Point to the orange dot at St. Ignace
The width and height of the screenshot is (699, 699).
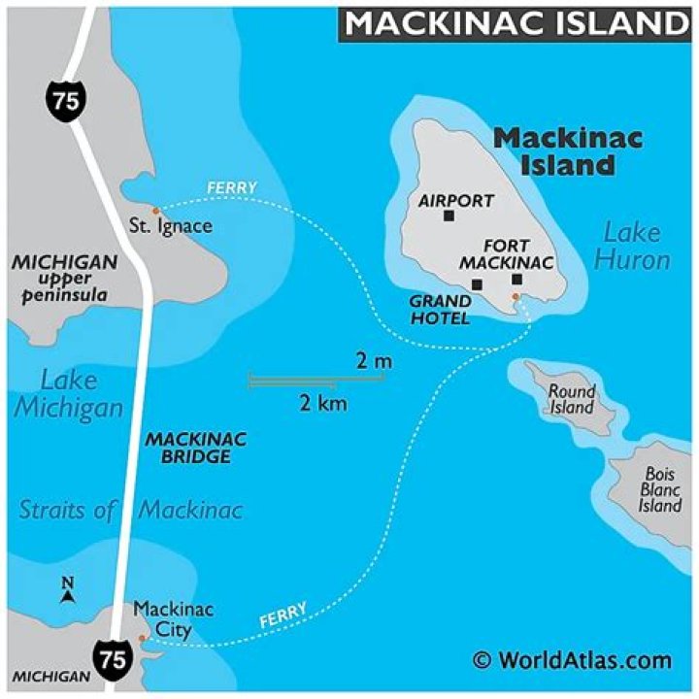coord(155,210)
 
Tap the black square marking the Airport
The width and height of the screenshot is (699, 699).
coord(449,216)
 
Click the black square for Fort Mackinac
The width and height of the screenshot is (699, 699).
coord(516,280)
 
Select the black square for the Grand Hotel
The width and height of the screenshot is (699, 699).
coord(477,284)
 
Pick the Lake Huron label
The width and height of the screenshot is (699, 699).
coord(632,246)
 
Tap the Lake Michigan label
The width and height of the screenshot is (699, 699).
coord(69,393)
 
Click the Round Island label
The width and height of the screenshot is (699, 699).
coord(572,399)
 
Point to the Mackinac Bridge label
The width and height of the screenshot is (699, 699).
coord(195,448)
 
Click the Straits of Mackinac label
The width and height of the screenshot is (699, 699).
coord(131,509)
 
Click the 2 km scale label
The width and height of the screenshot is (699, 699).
coord(323,403)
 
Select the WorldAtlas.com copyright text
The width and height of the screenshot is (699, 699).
coord(572,661)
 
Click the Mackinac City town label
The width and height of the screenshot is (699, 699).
coord(173,619)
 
